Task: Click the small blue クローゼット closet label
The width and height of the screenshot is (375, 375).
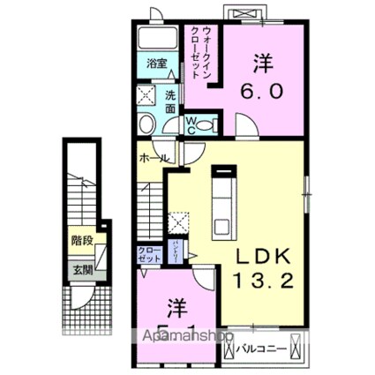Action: point(147,258)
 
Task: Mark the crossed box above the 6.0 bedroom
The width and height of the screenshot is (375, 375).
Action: point(241,15)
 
